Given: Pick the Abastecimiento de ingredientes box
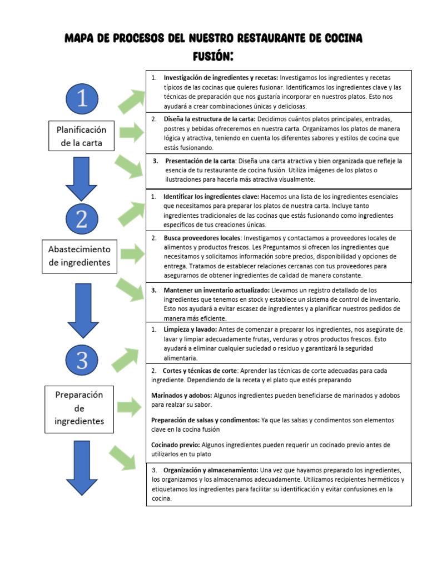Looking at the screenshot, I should point(80,256).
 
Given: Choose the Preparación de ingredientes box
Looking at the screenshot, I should point(80,408).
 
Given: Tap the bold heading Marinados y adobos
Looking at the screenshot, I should point(181,395).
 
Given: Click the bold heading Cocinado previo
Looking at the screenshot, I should point(176,445).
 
